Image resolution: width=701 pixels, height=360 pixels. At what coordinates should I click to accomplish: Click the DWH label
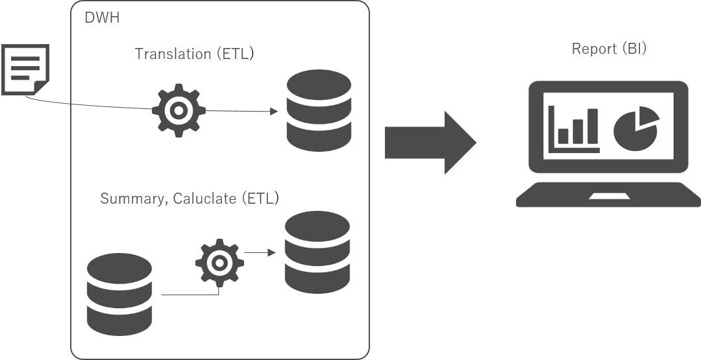click(x=102, y=18)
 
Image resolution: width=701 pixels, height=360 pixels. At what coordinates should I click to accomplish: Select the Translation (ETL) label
click(x=194, y=54)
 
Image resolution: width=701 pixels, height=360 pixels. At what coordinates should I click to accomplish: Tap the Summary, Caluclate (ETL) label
click(x=189, y=198)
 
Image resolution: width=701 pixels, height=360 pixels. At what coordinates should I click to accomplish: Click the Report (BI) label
click(x=608, y=49)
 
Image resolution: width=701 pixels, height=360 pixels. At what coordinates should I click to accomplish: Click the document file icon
click(x=25, y=69)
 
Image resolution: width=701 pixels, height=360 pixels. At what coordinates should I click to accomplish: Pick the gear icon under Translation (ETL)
click(x=178, y=110)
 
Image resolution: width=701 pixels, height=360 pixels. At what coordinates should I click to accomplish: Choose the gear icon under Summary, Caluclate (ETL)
click(x=219, y=263)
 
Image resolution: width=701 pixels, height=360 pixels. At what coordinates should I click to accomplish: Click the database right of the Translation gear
click(x=319, y=110)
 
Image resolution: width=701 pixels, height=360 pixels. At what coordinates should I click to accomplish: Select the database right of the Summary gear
click(x=317, y=252)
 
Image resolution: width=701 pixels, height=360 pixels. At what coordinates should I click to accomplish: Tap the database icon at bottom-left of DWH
click(x=119, y=294)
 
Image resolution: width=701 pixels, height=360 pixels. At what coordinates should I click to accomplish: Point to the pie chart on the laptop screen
click(x=635, y=128)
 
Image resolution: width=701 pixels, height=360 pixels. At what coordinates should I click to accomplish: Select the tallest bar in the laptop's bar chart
click(x=592, y=126)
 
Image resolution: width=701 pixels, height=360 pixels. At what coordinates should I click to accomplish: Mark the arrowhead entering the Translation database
click(x=274, y=112)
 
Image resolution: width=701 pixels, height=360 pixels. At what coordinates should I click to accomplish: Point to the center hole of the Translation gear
click(x=178, y=110)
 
